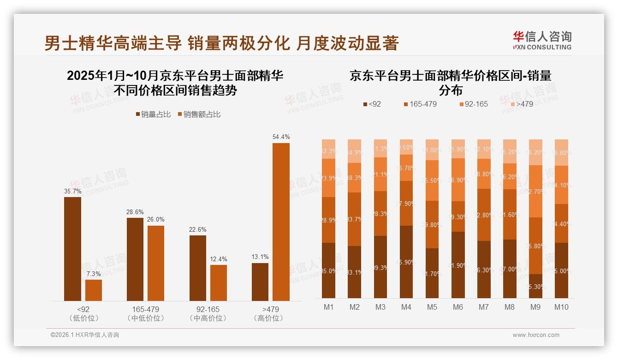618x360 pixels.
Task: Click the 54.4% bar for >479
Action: pos(281,222)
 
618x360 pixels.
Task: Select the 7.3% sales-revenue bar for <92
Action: pos(94,290)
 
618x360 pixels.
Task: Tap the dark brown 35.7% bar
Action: pos(72,249)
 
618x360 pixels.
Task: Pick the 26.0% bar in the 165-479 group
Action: pos(156,263)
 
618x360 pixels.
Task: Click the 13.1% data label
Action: pos(260,257)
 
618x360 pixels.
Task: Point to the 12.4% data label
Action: pos(219,259)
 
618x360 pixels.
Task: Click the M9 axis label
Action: pos(535,307)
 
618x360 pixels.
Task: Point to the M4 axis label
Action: pos(406,307)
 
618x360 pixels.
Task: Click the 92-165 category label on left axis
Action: pos(208,309)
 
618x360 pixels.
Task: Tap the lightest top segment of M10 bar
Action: pos(561,152)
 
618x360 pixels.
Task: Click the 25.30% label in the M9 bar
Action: pos(535,287)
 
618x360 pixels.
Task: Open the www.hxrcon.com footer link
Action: pos(536,335)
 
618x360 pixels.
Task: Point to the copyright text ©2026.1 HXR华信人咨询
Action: pos(85,335)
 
